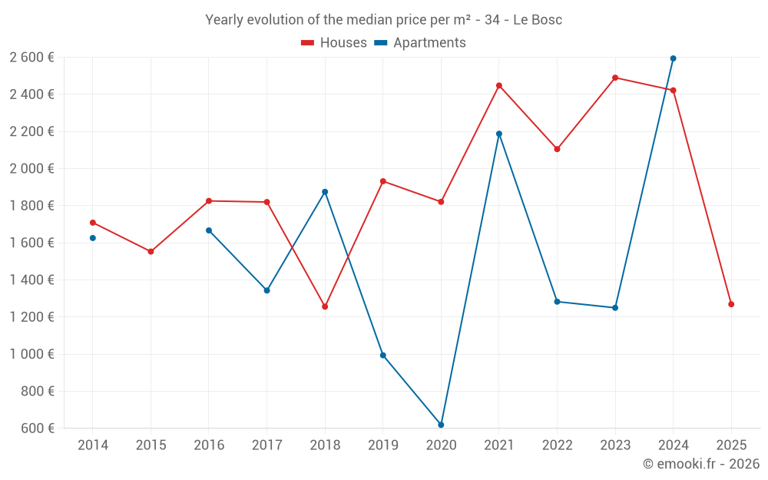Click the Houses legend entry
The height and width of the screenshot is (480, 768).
[334, 43]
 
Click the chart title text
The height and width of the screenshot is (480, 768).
[383, 20]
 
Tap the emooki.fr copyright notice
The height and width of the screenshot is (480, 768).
[701, 464]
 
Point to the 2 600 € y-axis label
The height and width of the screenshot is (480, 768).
[31, 58]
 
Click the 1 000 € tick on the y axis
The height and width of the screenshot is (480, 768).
[31, 354]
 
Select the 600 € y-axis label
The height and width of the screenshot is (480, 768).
[37, 429]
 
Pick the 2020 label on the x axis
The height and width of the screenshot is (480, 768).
[441, 445]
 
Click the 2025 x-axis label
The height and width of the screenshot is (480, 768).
[731, 445]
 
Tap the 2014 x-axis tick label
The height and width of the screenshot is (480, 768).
[93, 445]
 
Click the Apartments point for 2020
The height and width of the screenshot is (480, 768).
[441, 425]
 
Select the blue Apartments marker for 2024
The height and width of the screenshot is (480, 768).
[674, 58]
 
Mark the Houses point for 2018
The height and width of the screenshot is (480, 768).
[325, 306]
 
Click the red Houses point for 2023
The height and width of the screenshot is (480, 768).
[615, 78]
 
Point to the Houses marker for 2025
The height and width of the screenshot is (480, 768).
[731, 304]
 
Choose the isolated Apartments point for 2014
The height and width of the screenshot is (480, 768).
[93, 238]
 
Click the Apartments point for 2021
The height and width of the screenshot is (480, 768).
[499, 134]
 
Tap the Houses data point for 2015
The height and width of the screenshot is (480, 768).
[151, 251]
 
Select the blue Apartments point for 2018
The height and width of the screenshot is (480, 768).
[325, 192]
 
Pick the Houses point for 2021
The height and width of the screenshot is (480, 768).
[499, 85]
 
